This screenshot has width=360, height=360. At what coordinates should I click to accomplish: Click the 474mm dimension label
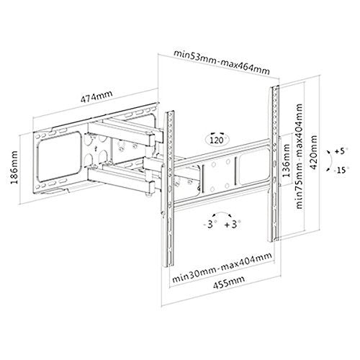pos(96,96)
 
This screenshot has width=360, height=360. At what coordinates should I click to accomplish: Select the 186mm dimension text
pos(14,167)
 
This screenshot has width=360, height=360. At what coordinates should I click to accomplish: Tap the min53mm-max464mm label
pos(222,62)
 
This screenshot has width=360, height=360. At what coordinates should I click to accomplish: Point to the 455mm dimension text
pos(229,283)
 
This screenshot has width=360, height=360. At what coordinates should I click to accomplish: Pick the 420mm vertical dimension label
pos(314,153)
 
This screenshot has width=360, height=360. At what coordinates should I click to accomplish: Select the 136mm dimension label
pos(286,161)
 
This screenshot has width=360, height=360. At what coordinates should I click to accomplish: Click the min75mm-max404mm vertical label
pos(299,156)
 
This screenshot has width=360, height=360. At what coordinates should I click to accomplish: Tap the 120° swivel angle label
pos(217,140)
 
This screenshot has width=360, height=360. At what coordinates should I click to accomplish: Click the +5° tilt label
pos(341,151)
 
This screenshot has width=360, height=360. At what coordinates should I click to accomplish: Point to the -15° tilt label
pos(341,170)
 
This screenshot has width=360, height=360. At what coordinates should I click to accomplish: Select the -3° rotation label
pos(209,225)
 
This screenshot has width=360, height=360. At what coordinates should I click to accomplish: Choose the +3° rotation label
pos(233,225)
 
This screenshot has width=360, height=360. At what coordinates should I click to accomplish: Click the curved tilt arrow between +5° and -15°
pos(330,161)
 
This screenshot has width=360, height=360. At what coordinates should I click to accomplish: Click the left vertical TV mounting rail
pos(168,189)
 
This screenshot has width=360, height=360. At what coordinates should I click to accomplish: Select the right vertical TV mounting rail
pos(275,163)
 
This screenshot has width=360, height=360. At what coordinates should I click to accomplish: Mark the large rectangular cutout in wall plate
pos(59,156)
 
